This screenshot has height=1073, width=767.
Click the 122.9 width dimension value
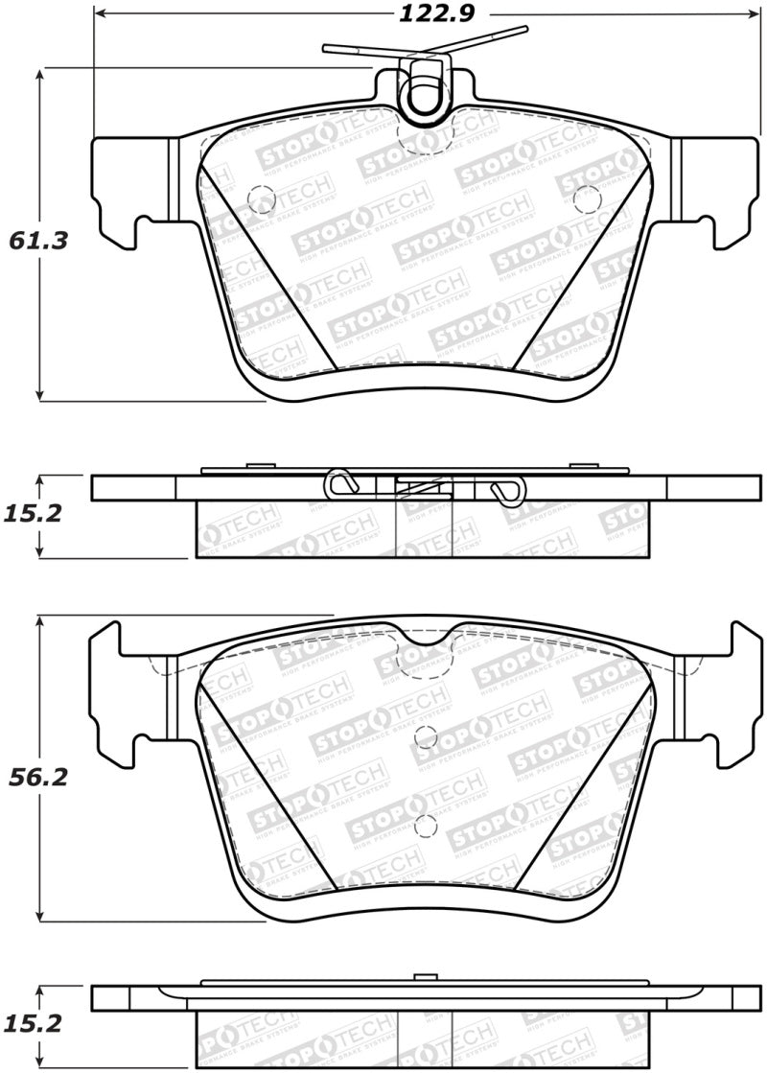433,13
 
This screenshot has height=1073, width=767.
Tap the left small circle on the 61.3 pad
260,198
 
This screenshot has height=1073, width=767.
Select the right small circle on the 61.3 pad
584,198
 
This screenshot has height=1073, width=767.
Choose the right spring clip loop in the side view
506,489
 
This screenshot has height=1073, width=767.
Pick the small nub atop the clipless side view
419,977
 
